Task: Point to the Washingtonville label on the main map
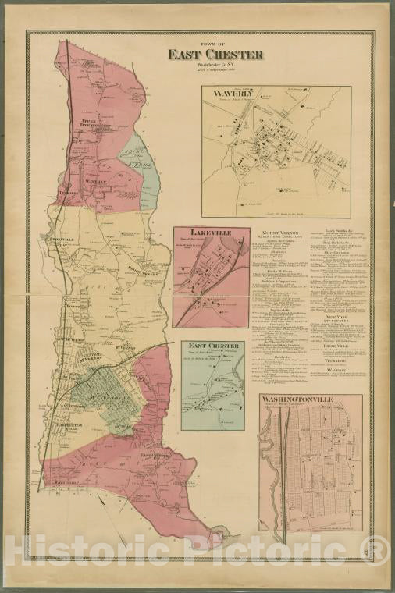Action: [x=64, y=426]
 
